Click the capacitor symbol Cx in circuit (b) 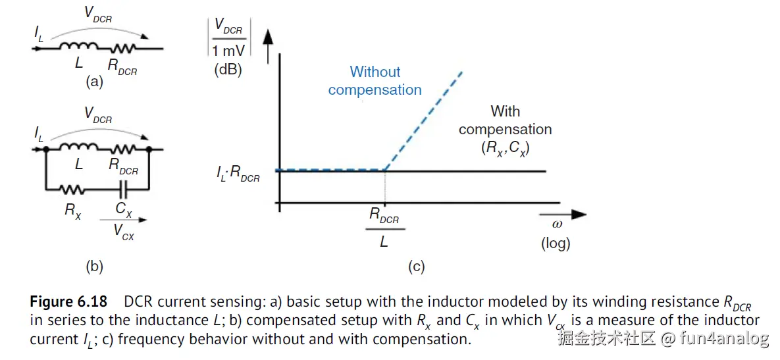(x=122, y=190)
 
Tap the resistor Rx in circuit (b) (x=71, y=190)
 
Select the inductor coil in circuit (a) (x=79, y=48)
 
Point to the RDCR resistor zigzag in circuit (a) (x=123, y=48)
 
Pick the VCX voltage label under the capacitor (x=123, y=232)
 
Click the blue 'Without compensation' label (x=375, y=81)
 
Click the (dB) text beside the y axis (x=228, y=70)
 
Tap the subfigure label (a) (x=95, y=82)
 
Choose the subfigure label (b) (x=95, y=267)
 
